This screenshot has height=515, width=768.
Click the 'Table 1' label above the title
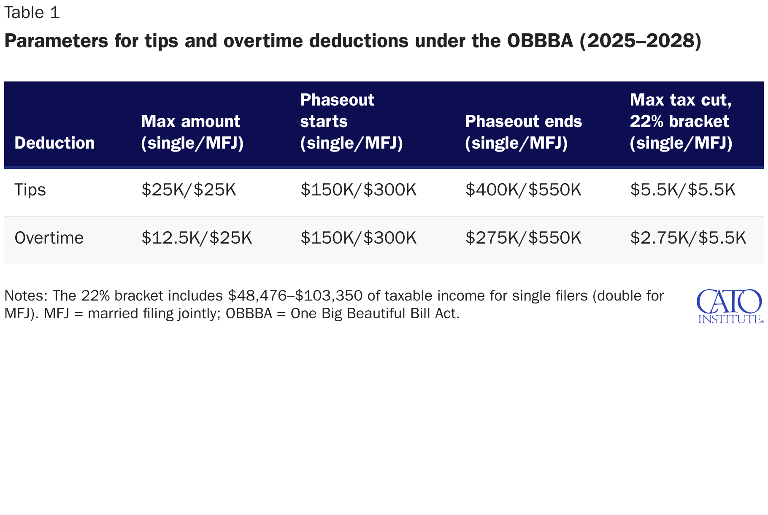point(32,13)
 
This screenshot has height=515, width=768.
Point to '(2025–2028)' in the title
point(641,41)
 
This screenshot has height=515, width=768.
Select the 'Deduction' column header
point(54,143)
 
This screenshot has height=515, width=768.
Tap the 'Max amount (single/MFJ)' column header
point(192,132)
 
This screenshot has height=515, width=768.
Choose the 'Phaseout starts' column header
point(352,122)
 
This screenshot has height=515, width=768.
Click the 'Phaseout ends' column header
point(523,132)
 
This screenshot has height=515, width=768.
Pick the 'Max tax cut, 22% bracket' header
point(681,122)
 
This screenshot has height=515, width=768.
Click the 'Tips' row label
point(30,190)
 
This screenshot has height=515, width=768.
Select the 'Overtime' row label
point(49,238)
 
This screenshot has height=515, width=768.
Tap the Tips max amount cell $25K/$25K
point(189,190)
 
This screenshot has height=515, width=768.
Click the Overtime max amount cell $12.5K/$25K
point(197,238)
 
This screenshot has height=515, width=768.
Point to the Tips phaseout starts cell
point(358,190)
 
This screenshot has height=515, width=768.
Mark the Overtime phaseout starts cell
point(358,238)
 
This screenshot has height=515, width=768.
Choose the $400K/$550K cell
point(523,190)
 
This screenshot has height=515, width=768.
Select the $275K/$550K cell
point(523,238)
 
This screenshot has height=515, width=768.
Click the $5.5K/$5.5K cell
point(683,190)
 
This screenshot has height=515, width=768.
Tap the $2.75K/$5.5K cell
point(688,238)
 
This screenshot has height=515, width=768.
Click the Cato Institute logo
point(730,306)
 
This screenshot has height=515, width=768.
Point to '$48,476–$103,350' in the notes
point(295,296)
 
